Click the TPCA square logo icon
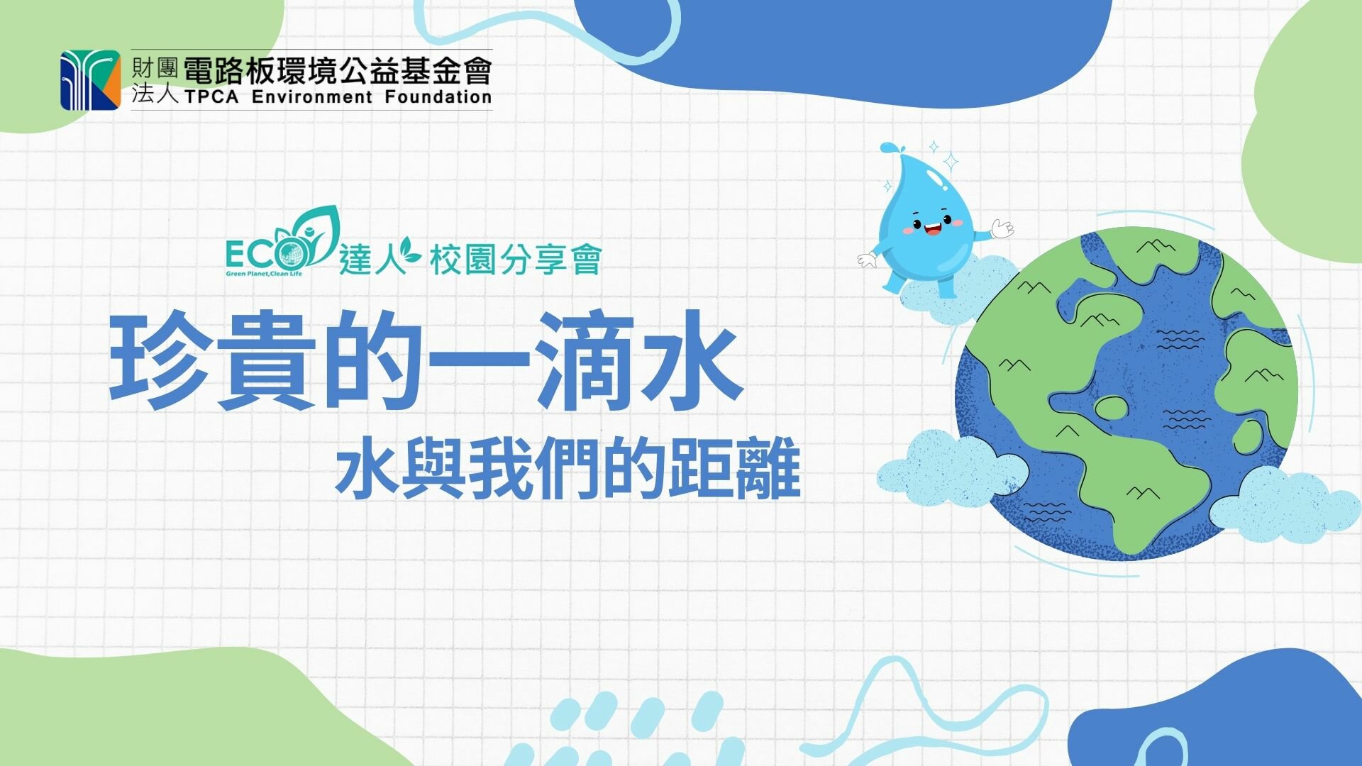(x=90, y=79)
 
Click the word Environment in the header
(x=311, y=96)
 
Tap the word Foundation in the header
(x=438, y=96)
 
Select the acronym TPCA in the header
(x=211, y=96)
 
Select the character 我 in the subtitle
(x=501, y=469)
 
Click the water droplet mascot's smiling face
(x=930, y=228)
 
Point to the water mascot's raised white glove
(x=1002, y=229)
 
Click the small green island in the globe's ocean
(x=1110, y=407)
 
